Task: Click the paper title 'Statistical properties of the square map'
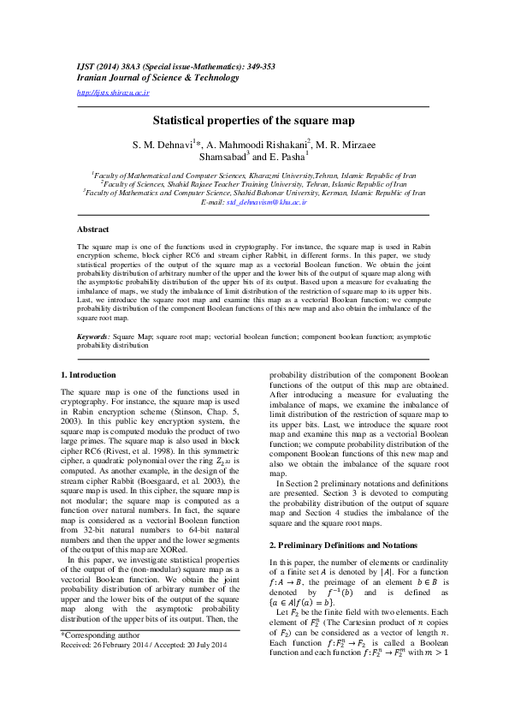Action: click(x=254, y=122)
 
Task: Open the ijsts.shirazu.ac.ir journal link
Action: click(x=113, y=92)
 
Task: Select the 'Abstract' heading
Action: click(x=92, y=229)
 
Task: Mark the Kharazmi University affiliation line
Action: click(x=254, y=174)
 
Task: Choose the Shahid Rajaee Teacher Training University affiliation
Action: click(x=254, y=183)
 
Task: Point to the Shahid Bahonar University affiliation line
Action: click(x=254, y=194)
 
